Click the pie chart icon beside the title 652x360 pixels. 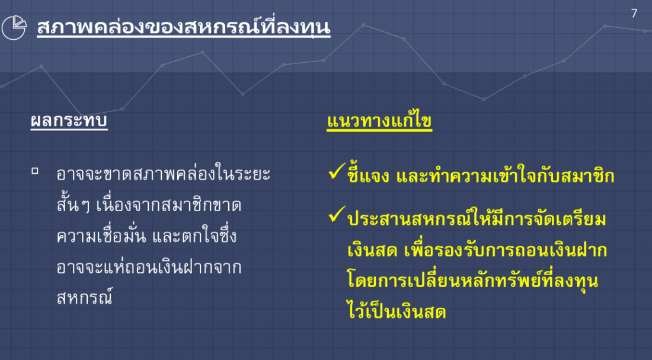click(14, 27)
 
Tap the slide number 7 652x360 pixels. click(634, 14)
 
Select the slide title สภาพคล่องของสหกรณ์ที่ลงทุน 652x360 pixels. click(183, 27)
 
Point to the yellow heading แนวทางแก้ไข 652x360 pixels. click(379, 121)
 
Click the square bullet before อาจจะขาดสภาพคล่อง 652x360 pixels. click(35, 171)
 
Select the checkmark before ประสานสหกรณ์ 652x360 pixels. click(337, 214)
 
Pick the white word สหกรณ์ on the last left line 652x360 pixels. click(85, 297)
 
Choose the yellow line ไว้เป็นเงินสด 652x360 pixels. click(397, 311)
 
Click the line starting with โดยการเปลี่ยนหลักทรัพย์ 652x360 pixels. click(473, 281)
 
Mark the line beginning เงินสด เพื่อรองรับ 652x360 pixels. click(477, 250)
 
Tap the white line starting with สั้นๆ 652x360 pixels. click(149, 205)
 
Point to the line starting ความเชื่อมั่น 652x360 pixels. click(147, 236)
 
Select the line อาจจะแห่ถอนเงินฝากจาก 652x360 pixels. click(149, 267)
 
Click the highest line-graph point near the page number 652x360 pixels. click(605, 26)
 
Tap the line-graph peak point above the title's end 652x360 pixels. click(363, 25)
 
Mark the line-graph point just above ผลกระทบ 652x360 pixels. click(82, 115)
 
